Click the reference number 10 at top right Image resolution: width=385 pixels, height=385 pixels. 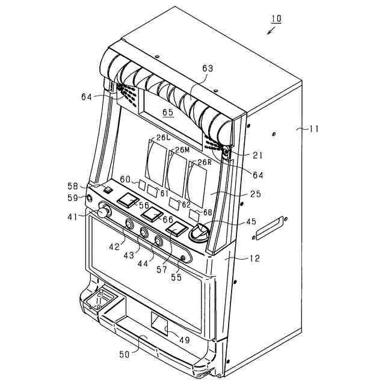tap(276, 19)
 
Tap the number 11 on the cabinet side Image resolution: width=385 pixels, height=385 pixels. tap(314, 128)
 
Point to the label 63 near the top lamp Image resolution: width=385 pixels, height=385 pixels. tap(208, 69)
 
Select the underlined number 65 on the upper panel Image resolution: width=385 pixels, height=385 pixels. tap(167, 112)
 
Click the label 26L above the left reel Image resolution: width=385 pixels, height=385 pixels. tap(163, 138)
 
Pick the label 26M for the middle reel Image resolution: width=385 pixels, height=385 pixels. tap(182, 149)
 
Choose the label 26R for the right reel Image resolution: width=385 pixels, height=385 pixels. tap(205, 162)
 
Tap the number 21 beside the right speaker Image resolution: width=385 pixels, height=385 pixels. tap(257, 155)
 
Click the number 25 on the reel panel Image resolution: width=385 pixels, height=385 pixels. tap(256, 194)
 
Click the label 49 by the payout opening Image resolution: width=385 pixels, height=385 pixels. tap(184, 340)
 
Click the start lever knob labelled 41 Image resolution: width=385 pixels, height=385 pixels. tap(104, 212)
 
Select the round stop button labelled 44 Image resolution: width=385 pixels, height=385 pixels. tap(159, 242)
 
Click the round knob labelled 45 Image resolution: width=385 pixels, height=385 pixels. tap(199, 233)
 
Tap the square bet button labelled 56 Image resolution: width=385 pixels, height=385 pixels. tap(128, 200)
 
